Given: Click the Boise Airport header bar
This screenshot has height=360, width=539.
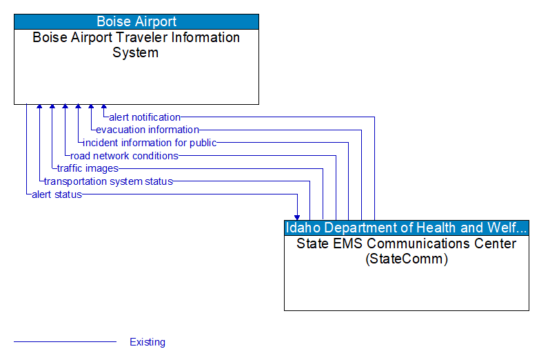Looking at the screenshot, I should [136, 21].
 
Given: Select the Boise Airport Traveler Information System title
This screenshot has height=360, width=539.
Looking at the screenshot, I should [136, 45].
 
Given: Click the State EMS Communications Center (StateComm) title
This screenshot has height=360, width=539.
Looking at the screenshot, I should [407, 251].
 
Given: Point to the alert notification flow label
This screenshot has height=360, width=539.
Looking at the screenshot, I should [145, 117].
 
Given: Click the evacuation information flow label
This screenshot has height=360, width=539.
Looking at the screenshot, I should [148, 130].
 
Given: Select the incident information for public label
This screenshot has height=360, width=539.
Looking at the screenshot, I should [150, 143].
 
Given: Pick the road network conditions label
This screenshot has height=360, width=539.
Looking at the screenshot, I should [124, 156].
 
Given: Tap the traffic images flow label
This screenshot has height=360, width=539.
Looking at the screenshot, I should [88, 168].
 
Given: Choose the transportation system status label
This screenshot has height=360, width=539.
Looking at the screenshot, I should [108, 181].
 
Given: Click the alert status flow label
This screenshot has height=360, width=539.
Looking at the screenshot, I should [57, 194].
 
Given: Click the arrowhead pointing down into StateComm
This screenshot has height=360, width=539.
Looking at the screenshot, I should [297, 216].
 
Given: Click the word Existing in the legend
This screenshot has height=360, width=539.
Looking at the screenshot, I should [148, 342].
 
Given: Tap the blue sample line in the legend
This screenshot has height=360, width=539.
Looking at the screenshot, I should [65, 342].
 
